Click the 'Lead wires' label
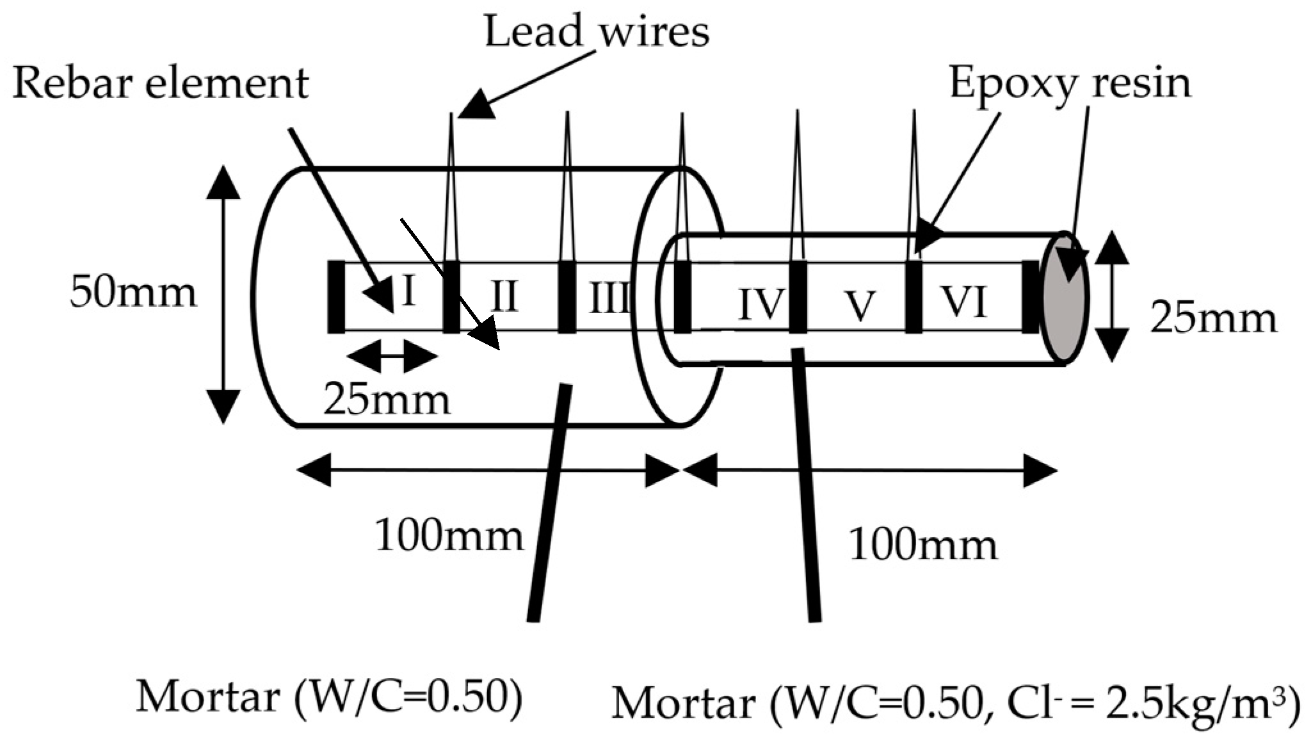click(597, 31)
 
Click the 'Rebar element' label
click(160, 83)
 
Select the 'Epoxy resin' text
click(1070, 83)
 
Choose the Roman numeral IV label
click(761, 305)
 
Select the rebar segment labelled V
click(860, 305)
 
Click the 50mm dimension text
click(133, 292)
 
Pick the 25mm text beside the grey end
click(1213, 318)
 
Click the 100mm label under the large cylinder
click(449, 535)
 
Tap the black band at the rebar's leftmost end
click(336, 296)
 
